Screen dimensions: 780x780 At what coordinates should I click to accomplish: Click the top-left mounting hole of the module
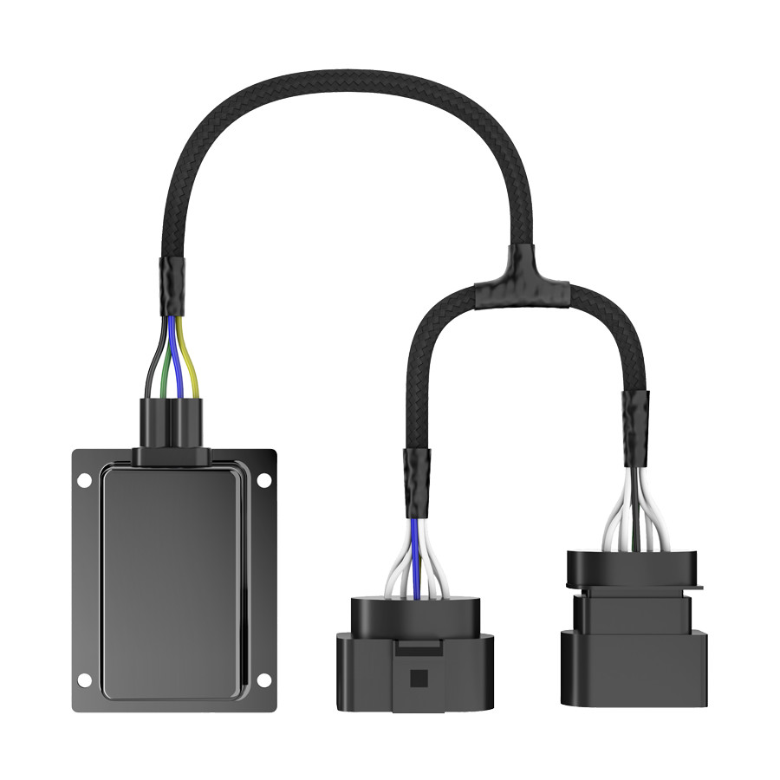pyautogui.click(x=84, y=479)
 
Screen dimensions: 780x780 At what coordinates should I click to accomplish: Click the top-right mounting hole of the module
pyautogui.click(x=263, y=479)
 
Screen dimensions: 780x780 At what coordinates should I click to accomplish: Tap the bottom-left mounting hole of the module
pyautogui.click(x=84, y=680)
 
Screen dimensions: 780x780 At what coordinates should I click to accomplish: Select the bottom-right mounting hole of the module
pyautogui.click(x=263, y=680)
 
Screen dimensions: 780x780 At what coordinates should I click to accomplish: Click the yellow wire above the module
pyautogui.click(x=194, y=364)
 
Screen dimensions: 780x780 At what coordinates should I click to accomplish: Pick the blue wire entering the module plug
pyautogui.click(x=180, y=364)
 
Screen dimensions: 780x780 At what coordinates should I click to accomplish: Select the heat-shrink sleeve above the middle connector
pyautogui.click(x=416, y=481)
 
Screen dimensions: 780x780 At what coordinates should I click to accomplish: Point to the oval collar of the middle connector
pyautogui.click(x=413, y=616)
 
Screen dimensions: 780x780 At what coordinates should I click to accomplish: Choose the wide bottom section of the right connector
pyautogui.click(x=634, y=667)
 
